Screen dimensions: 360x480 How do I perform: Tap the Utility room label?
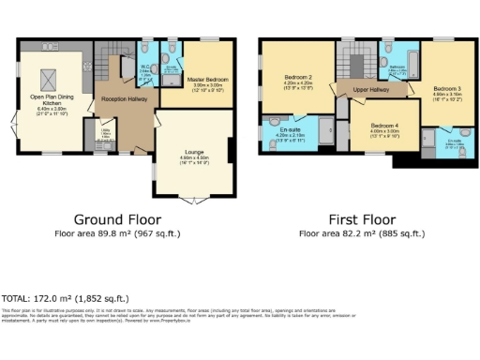pyautogui.click(x=105, y=132)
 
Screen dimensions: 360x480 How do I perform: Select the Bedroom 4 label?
pyautogui.click(x=384, y=125)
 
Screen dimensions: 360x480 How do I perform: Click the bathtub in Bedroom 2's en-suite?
pyautogui.click(x=325, y=129)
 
